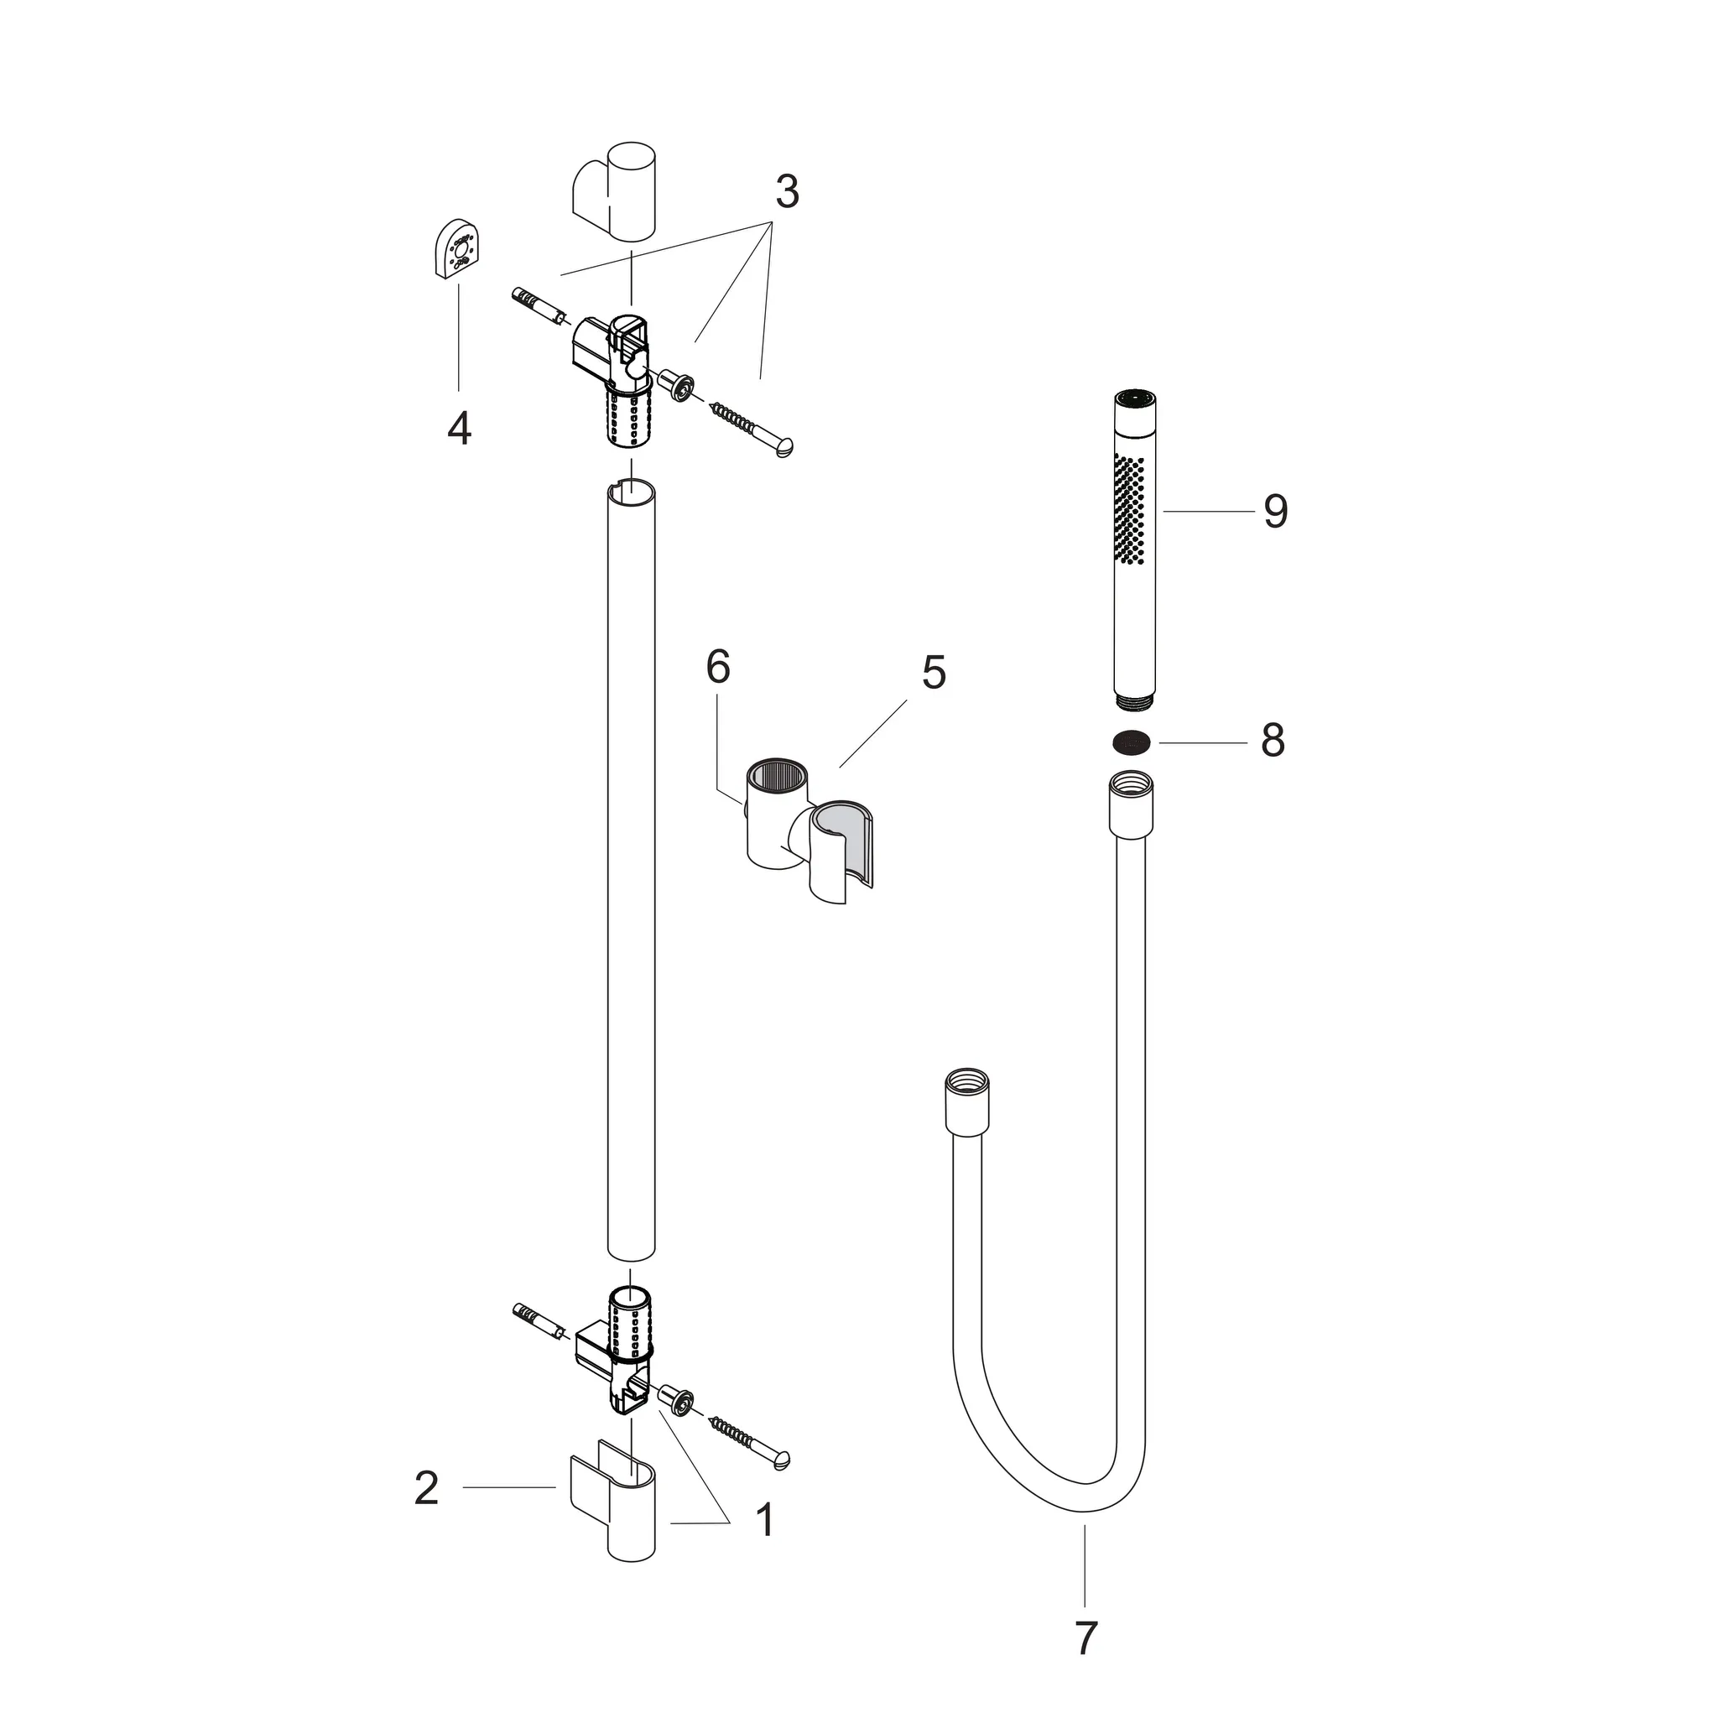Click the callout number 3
(x=786, y=192)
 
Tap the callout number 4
(x=459, y=429)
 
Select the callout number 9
(x=1275, y=512)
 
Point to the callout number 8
(x=1273, y=740)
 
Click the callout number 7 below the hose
(x=1085, y=1638)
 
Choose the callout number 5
(x=933, y=672)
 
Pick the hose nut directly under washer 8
(x=1131, y=803)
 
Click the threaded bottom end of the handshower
(x=1131, y=700)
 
